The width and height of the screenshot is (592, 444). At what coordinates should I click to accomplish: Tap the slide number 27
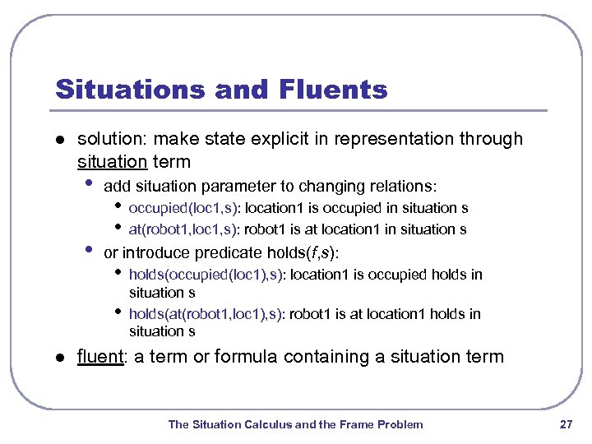565,424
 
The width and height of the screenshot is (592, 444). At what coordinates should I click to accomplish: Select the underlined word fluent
99,357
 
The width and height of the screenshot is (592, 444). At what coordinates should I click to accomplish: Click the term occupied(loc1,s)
185,208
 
